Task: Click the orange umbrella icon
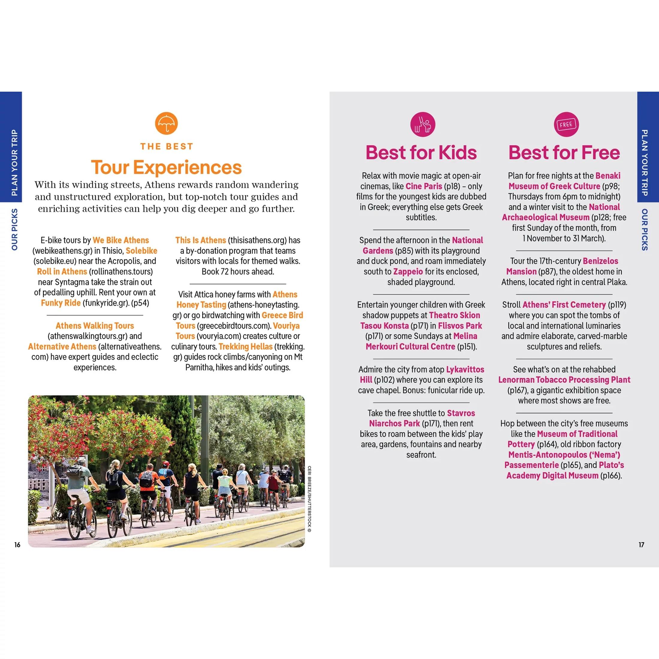[166, 123]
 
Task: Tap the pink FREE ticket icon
[566, 125]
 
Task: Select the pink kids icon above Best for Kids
[423, 125]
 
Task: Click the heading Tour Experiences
[166, 167]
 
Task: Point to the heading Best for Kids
[421, 152]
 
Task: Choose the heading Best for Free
[564, 152]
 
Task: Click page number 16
[17, 545]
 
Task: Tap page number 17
[641, 545]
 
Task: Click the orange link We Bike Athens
[121, 240]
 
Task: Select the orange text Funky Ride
[61, 303]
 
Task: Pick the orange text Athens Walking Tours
[95, 326]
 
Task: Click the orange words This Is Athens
[201, 240]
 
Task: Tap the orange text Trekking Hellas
[246, 347]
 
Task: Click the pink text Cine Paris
[424, 186]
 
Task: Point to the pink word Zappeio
[408, 271]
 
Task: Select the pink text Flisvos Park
[460, 326]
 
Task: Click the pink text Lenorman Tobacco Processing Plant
[564, 380]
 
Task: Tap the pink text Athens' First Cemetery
[564, 305]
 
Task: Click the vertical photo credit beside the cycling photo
[309, 499]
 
